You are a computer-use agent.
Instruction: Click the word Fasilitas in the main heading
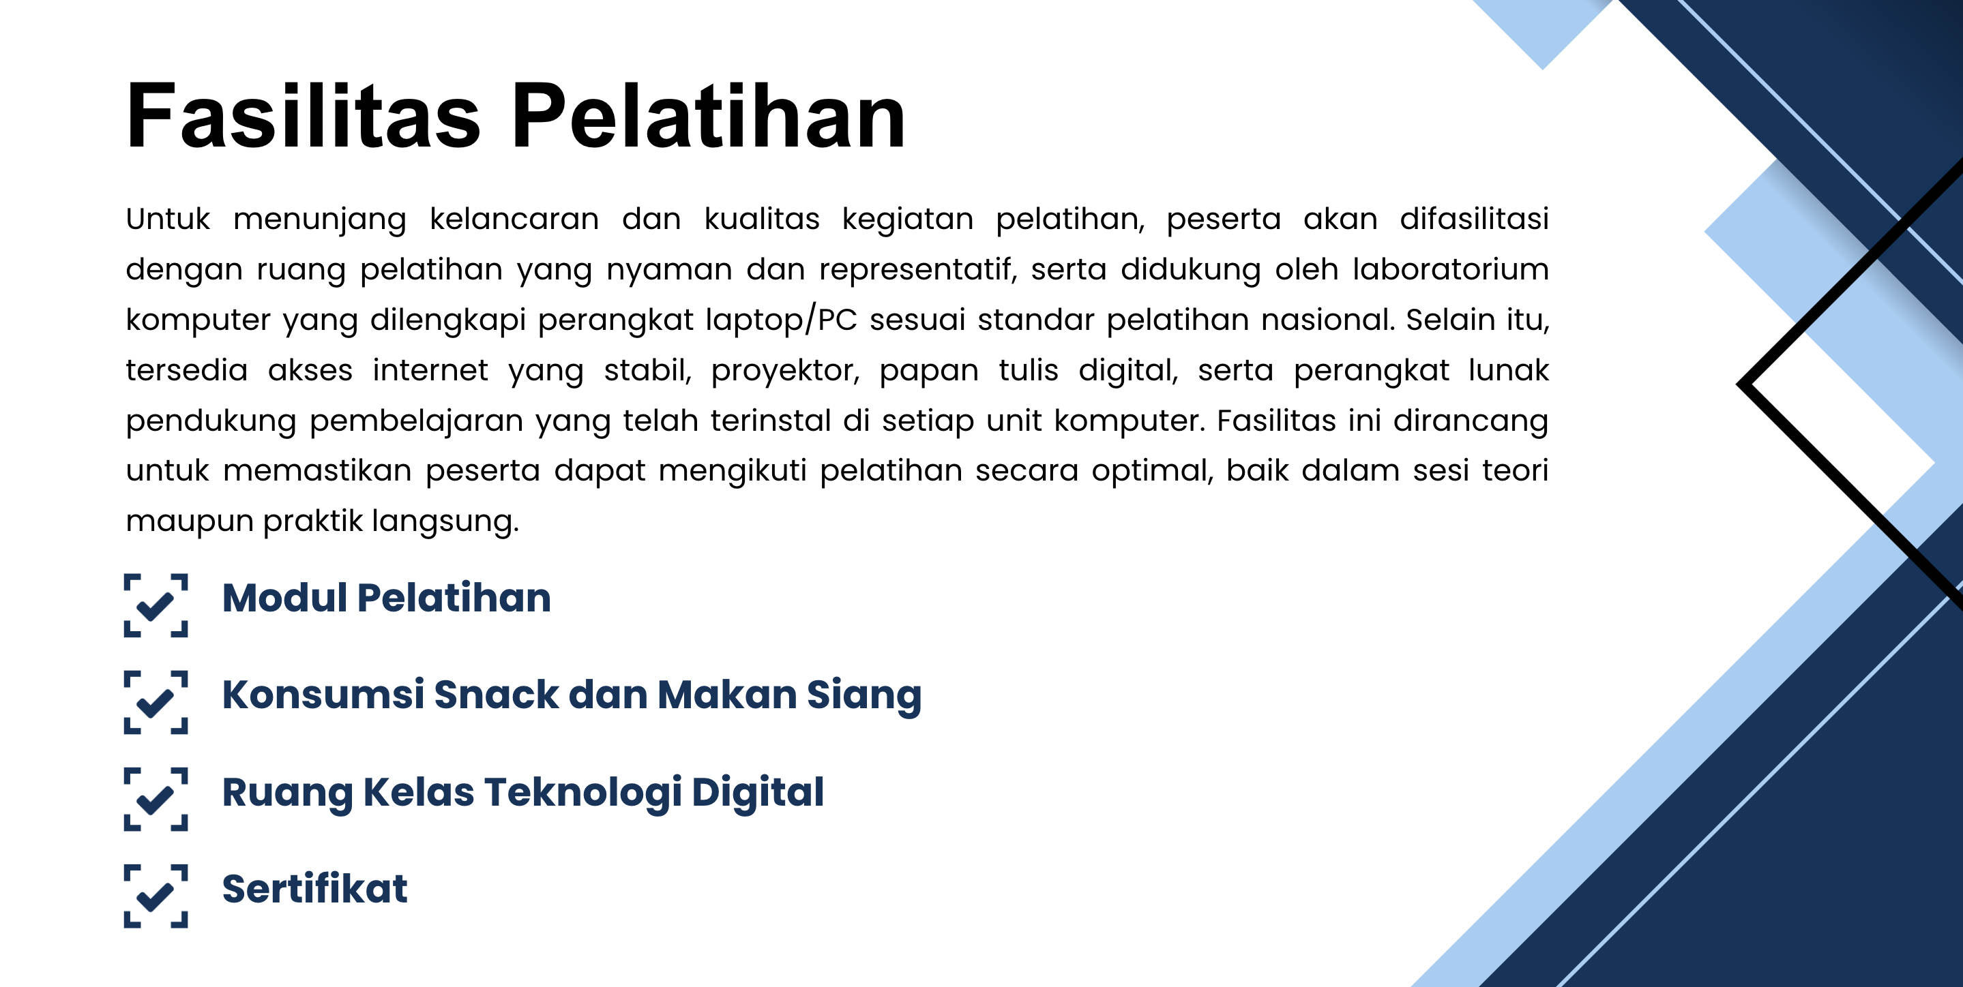pos(304,116)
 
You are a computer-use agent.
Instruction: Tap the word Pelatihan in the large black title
pos(708,116)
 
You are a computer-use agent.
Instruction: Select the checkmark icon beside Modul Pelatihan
pos(156,605)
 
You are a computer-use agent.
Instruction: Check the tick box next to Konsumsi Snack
pos(156,701)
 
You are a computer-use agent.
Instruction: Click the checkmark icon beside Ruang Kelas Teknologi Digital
pos(156,798)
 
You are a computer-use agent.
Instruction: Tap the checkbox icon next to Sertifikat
pos(156,896)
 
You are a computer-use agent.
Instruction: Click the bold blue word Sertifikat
pos(314,889)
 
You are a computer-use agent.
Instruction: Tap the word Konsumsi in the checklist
pos(323,695)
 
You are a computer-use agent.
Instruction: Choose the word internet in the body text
pos(430,370)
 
